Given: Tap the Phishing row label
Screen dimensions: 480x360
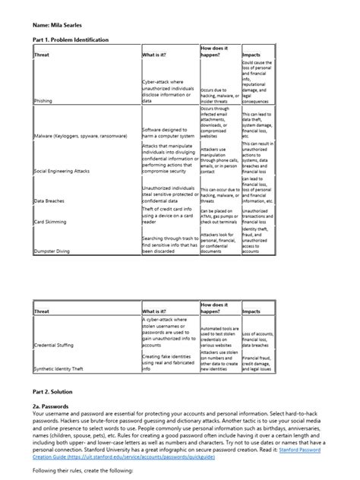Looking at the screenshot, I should click(44, 100).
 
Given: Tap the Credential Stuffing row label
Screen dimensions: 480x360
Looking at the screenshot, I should click(54, 344).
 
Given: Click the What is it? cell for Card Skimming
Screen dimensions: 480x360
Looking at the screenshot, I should click(169, 215).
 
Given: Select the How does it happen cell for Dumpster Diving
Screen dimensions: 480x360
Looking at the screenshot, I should click(219, 243).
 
